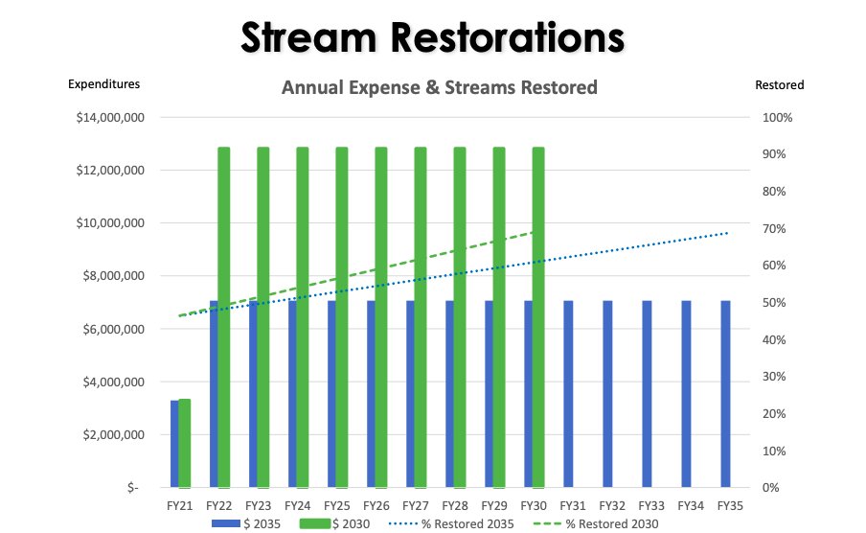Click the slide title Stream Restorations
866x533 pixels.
[x=432, y=37]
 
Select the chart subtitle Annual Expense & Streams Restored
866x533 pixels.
[x=439, y=87]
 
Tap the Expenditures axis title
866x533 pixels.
[x=103, y=84]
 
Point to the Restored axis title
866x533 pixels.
[x=779, y=84]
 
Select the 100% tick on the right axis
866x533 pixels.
[x=777, y=118]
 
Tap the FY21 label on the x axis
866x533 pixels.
[x=180, y=504]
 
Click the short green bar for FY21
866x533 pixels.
[x=185, y=443]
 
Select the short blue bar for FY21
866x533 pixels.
[x=174, y=444]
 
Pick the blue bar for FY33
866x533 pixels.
[x=647, y=394]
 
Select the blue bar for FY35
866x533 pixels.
[x=725, y=394]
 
